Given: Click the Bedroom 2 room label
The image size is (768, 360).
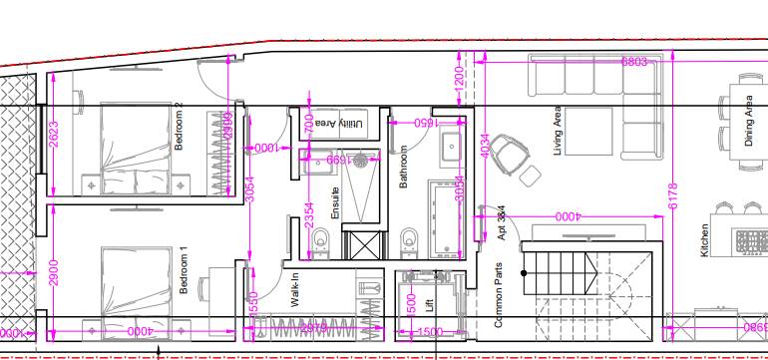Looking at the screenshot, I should [181, 127].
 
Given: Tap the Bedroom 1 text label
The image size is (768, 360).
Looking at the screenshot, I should [184, 270].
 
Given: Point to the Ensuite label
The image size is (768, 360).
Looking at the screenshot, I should [335, 203].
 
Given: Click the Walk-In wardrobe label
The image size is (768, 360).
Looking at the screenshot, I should [295, 290].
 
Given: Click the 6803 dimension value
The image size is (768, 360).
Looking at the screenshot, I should [634, 62].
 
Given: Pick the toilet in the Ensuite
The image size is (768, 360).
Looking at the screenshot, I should [320, 240].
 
